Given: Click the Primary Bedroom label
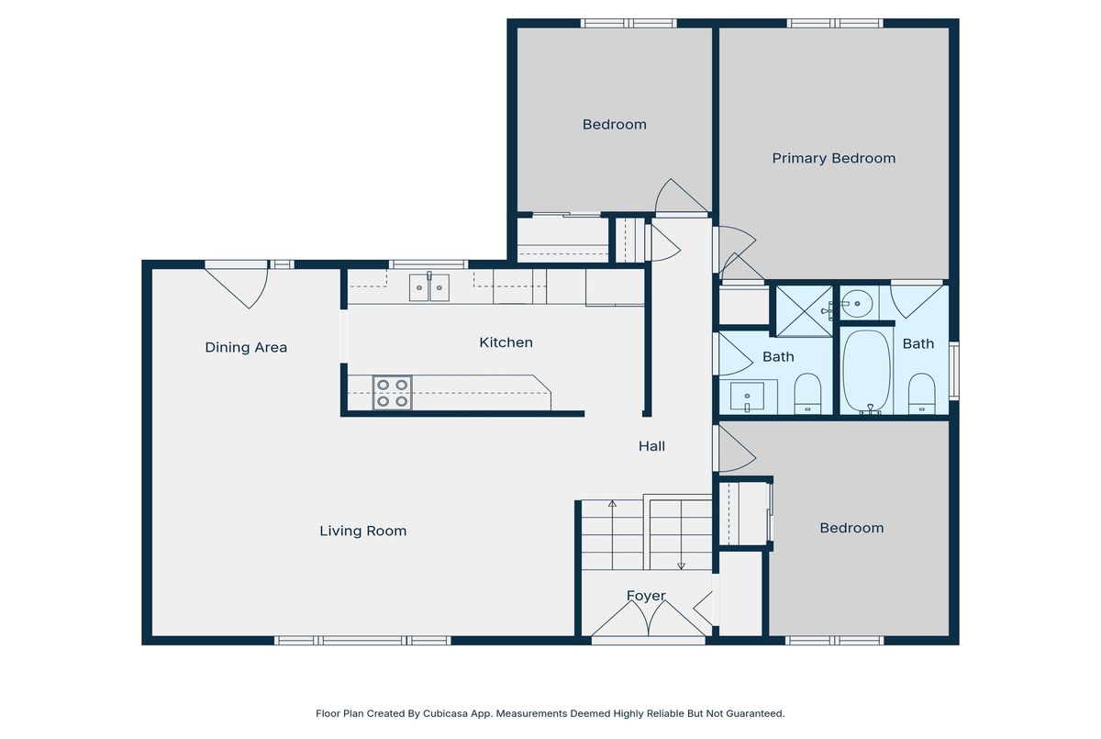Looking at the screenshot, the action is click(834, 158).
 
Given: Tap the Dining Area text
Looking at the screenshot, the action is click(246, 348).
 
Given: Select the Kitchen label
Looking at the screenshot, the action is click(506, 342).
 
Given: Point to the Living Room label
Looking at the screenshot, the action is click(362, 531).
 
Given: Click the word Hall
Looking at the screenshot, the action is click(651, 446).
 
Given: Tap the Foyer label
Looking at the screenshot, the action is click(646, 596).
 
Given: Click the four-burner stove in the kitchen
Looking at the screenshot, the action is click(393, 393).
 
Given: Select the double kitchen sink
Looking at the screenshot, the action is click(429, 287).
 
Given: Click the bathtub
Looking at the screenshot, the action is click(867, 371).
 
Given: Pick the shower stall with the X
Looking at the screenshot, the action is click(804, 310).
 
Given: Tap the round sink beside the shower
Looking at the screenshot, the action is click(856, 303).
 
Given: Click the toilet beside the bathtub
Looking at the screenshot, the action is click(921, 394).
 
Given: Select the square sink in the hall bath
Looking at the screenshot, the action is click(747, 397).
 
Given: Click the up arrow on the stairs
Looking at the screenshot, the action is click(612, 534).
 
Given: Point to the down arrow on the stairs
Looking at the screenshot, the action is click(681, 534).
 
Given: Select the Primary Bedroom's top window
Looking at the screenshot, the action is click(835, 23).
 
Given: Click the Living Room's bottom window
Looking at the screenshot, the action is click(362, 640).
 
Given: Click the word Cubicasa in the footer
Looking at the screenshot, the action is click(445, 713).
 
